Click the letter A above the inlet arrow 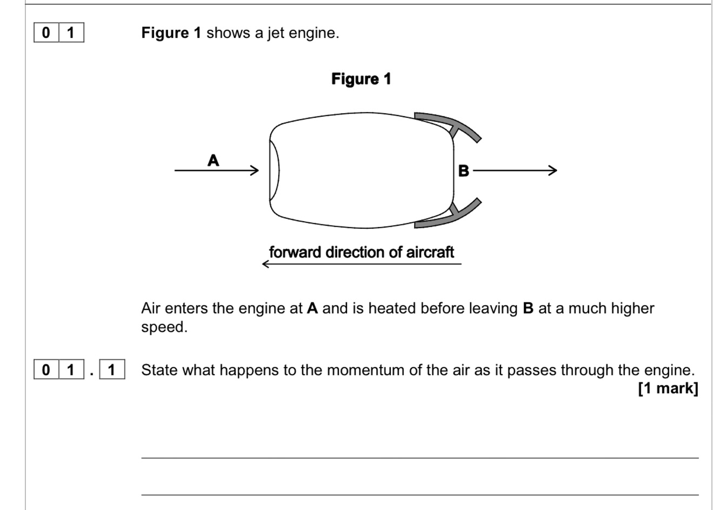pyautogui.click(x=213, y=161)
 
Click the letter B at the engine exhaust pyautogui.click(x=463, y=171)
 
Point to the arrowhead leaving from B pyautogui.click(x=552, y=171)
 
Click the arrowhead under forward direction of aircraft pyautogui.click(x=266, y=264)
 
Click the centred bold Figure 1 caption pyautogui.click(x=361, y=79)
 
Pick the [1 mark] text pyautogui.click(x=668, y=388)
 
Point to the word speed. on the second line pyautogui.click(x=164, y=327)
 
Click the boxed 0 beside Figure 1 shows pyautogui.click(x=46, y=33)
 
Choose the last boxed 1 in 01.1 pyautogui.click(x=112, y=370)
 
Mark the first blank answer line pyautogui.click(x=419, y=458)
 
